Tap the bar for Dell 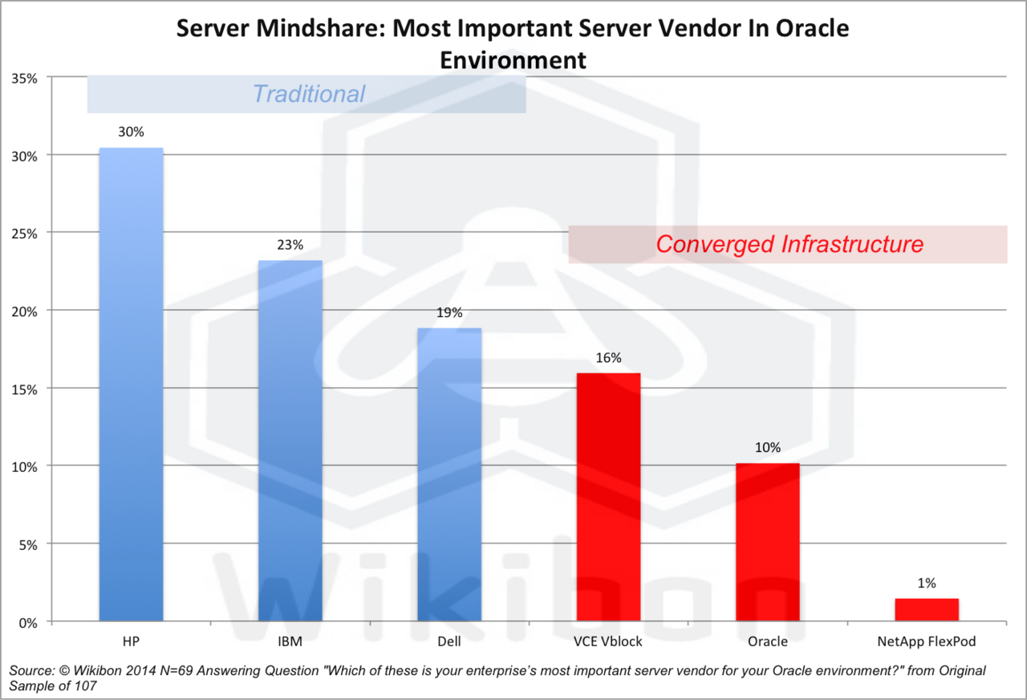449,474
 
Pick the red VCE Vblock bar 608,497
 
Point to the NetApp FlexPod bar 927,609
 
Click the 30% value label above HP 131,132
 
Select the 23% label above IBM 290,245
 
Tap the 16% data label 608,358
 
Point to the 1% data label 927,584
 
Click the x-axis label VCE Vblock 608,641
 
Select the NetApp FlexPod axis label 927,641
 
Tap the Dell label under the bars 449,641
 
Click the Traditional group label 308,94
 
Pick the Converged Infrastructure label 790,244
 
